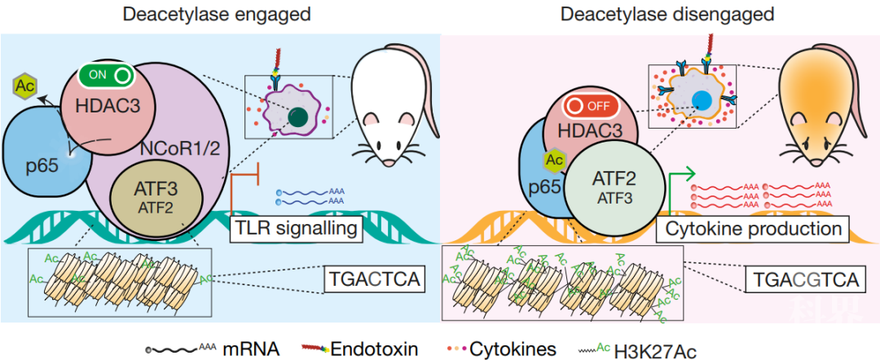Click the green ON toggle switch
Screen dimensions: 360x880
point(107,75)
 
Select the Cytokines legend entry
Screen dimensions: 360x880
point(507,349)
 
